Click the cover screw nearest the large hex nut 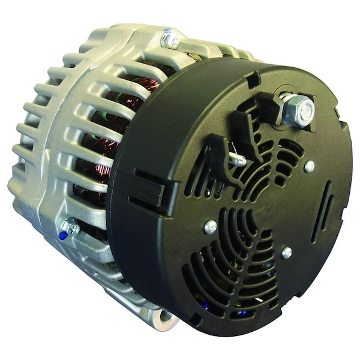[x=310, y=166]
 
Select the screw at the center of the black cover [x=211, y=227]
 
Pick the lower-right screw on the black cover [x=287, y=253]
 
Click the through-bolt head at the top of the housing [x=170, y=40]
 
